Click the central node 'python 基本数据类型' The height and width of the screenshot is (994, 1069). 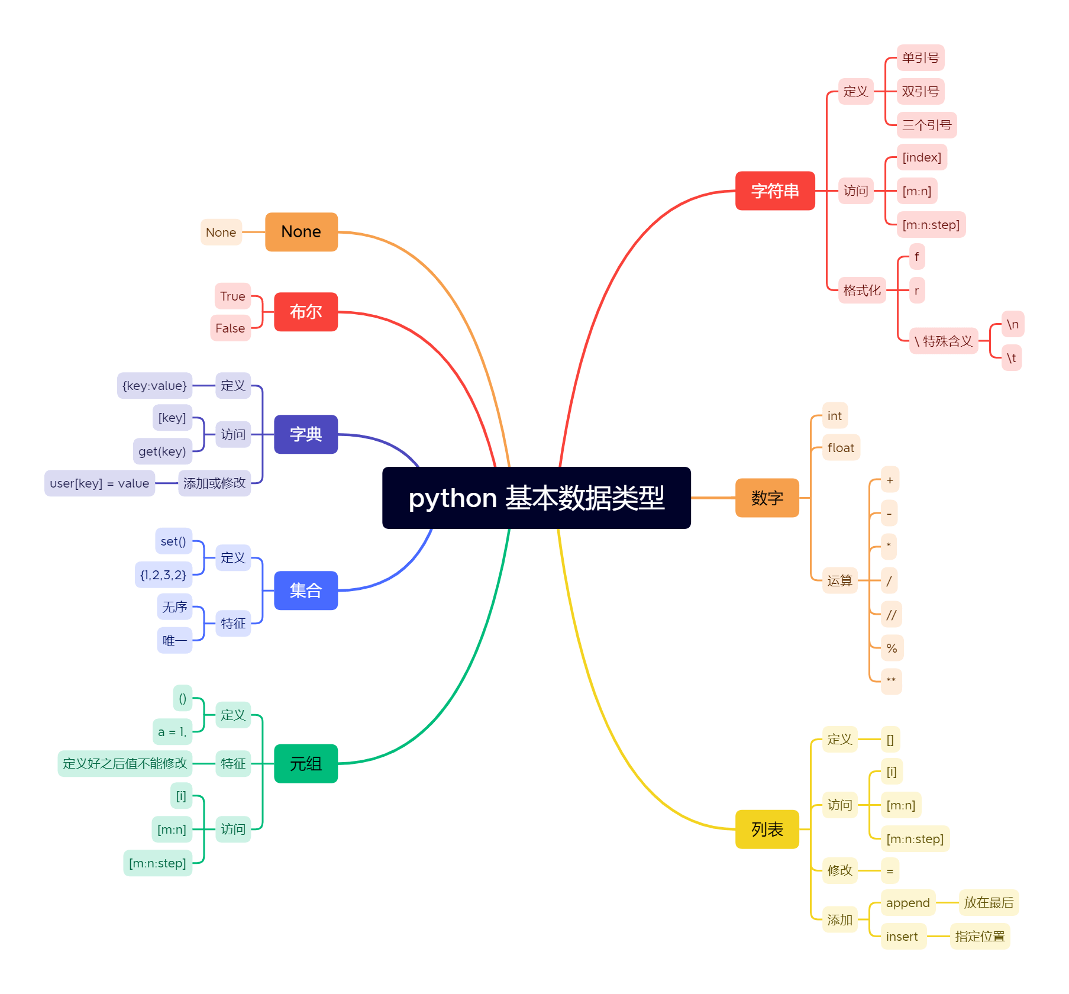click(536, 498)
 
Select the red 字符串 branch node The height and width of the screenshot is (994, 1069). click(774, 191)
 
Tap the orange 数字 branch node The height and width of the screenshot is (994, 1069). click(767, 498)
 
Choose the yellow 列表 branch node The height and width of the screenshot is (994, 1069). click(767, 829)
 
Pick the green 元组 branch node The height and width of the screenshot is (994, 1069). click(305, 763)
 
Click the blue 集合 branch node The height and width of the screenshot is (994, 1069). click(305, 590)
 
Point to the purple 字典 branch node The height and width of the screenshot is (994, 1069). click(305, 434)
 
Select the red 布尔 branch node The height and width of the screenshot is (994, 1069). click(305, 311)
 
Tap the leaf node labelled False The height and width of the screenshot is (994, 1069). click(230, 328)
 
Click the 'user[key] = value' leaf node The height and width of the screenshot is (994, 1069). click(99, 483)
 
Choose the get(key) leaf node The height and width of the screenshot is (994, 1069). click(162, 451)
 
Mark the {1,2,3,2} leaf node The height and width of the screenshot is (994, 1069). click(163, 575)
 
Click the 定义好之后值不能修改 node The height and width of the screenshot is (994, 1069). click(125, 763)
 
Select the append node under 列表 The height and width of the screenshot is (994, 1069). click(907, 903)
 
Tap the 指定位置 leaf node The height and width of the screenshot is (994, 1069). click(980, 936)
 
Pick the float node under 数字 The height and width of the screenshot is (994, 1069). click(841, 448)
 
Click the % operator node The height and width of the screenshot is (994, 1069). click(892, 648)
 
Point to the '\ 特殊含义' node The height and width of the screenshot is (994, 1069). click(943, 341)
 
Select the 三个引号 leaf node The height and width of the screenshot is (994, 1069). click(926, 125)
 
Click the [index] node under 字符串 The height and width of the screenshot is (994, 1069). click(922, 157)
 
